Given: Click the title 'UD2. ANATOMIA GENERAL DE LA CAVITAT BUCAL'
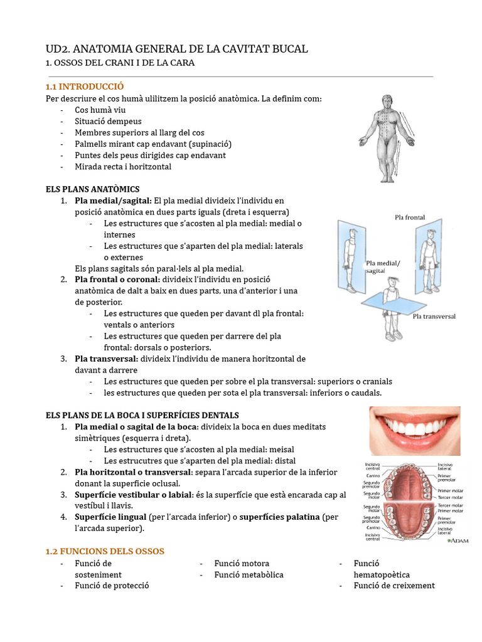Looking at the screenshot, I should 177,49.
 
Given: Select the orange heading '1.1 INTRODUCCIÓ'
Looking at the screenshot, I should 85,87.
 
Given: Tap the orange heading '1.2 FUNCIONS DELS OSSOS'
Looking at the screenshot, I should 105,551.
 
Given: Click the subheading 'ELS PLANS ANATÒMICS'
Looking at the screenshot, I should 93,189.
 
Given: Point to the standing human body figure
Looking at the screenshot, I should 387,139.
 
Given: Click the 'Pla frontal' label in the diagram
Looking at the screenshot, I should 410,218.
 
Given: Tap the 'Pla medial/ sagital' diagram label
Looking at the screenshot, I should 382,267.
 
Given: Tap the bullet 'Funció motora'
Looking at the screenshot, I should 242,564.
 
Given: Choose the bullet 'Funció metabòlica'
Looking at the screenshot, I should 249,574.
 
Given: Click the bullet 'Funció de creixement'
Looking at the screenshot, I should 394,586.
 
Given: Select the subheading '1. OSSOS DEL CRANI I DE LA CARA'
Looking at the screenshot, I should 120,63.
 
